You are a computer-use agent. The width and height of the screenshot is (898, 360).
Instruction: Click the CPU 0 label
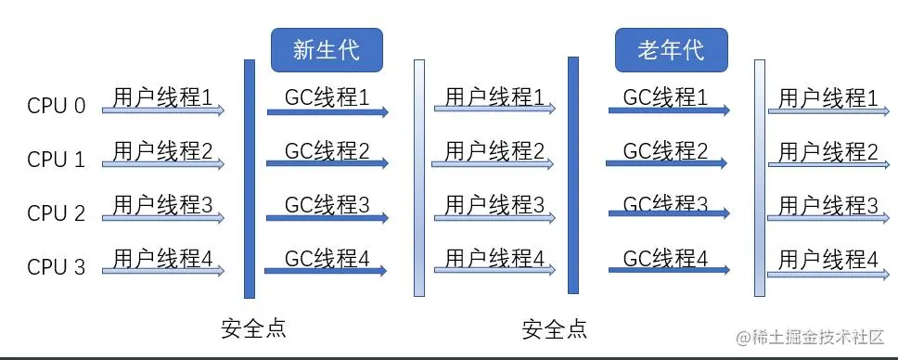[56, 106]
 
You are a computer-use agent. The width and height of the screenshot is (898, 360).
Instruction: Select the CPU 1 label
[56, 160]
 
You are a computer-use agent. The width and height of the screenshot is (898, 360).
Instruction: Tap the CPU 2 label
[56, 213]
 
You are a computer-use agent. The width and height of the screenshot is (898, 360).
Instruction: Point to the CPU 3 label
[56, 267]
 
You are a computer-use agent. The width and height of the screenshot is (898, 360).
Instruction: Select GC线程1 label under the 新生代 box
[327, 96]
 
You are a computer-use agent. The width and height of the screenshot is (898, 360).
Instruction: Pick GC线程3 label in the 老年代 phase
[665, 203]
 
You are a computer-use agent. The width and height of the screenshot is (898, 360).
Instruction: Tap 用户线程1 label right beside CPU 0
[162, 96]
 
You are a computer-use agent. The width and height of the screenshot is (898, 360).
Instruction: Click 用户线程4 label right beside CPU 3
[162, 258]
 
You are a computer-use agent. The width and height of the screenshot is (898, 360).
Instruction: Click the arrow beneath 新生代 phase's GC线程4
[326, 271]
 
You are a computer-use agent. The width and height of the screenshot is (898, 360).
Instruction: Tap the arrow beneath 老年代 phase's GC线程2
[665, 163]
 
